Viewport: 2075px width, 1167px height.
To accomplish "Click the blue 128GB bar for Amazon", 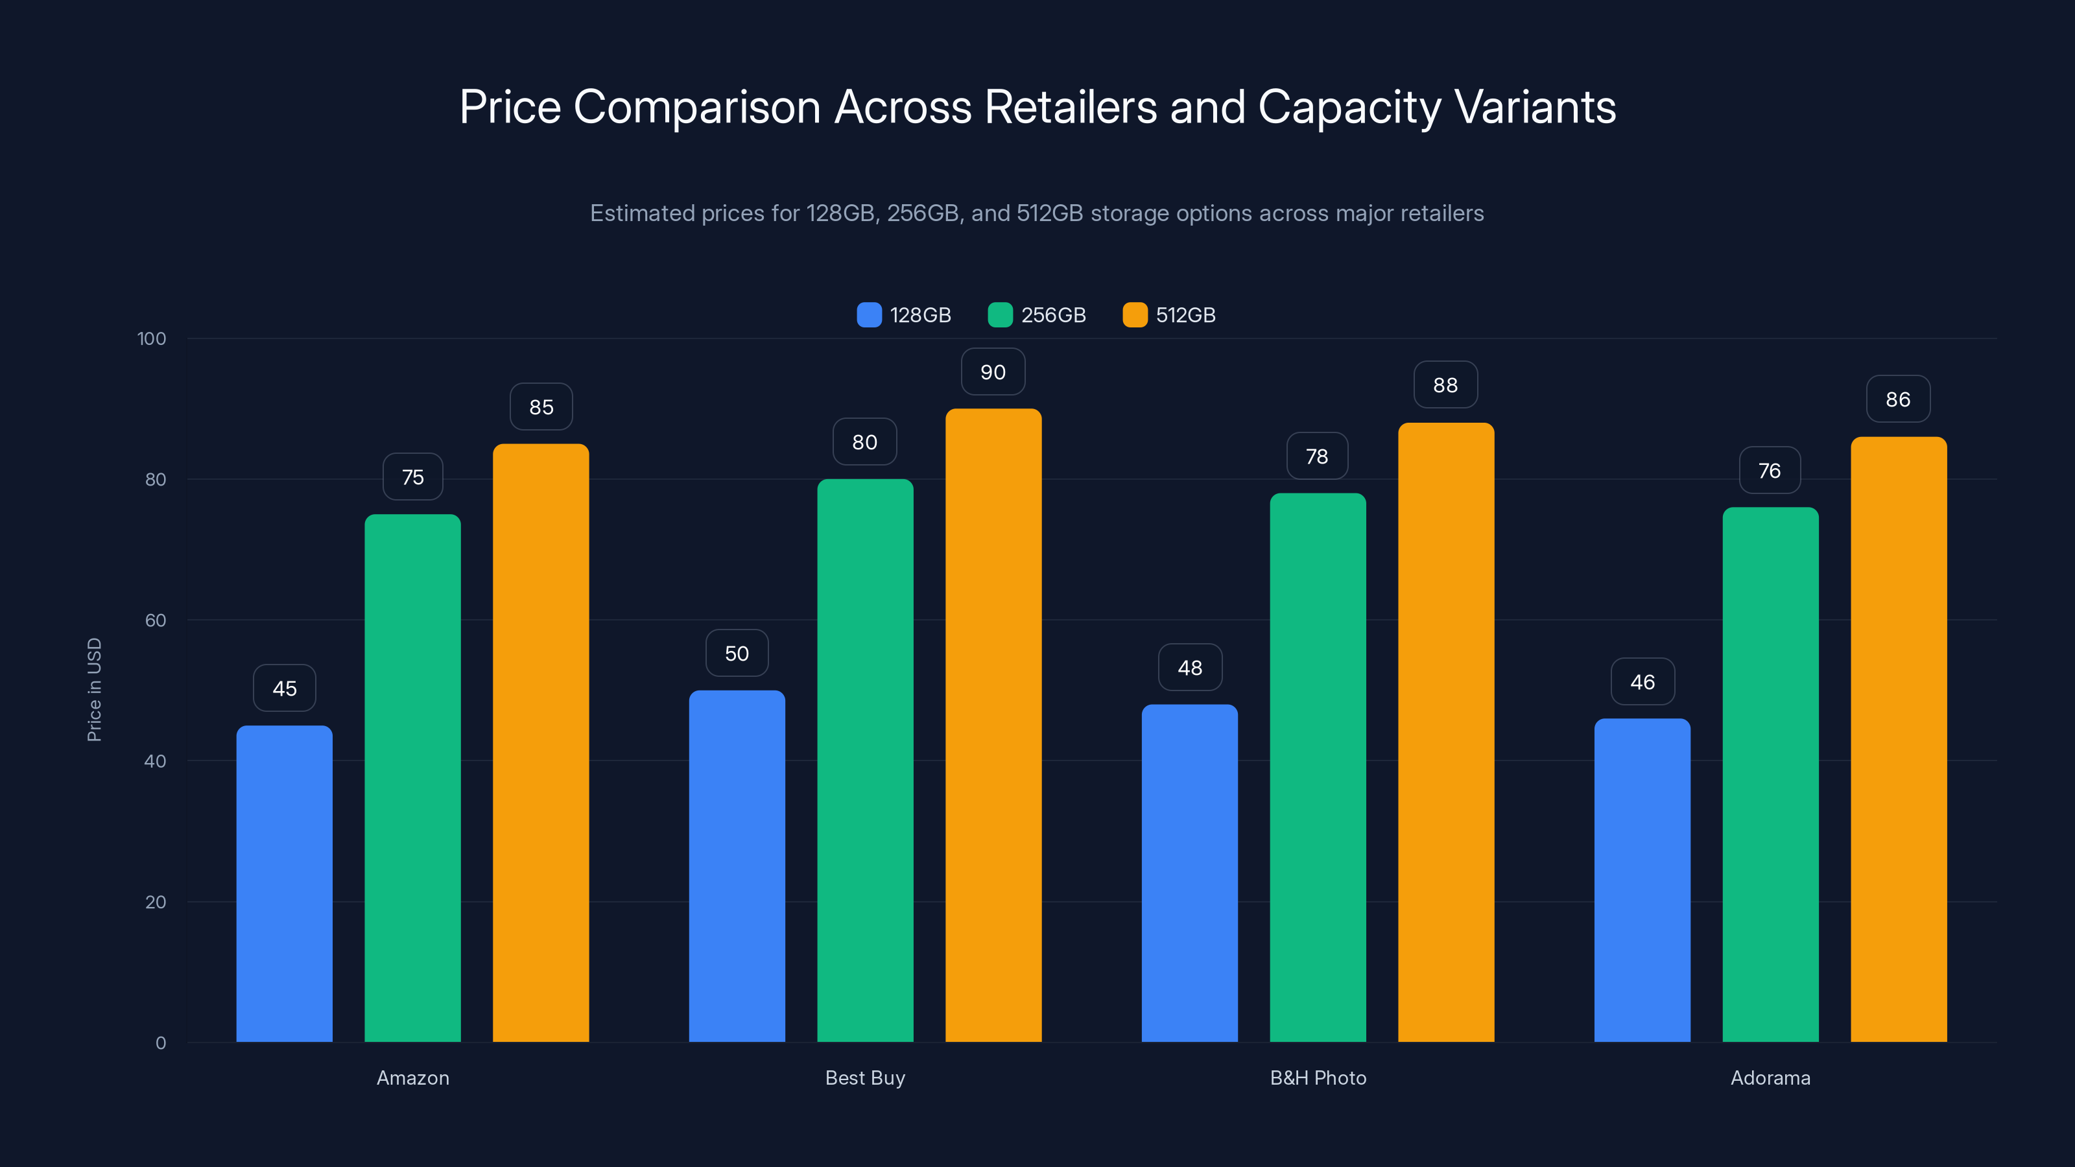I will (x=285, y=884).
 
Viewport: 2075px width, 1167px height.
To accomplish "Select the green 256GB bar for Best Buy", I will (x=865, y=760).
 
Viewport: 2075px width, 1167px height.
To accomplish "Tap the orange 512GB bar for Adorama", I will (x=1899, y=739).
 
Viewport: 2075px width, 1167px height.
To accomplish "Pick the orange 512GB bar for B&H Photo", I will (x=1446, y=732).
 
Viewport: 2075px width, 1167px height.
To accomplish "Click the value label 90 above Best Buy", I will (x=992, y=372).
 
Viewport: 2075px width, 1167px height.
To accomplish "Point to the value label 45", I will (x=285, y=689).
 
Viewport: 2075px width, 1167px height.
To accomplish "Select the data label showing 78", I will (x=1317, y=456).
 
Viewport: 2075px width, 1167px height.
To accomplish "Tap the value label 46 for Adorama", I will (x=1642, y=682).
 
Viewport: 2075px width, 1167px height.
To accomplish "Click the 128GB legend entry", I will (x=904, y=315).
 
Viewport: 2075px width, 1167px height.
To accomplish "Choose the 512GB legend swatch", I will (x=1135, y=315).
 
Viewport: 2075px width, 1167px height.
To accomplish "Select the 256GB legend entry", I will (x=1037, y=315).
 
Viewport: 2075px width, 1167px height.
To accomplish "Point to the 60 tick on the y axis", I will (x=156, y=620).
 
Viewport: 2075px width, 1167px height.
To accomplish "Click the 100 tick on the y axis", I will (x=152, y=338).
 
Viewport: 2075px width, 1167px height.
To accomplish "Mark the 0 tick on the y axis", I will (x=160, y=1043).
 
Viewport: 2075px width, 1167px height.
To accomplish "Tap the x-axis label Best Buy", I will (x=865, y=1078).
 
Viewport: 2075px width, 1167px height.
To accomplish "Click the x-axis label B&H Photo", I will (x=1318, y=1078).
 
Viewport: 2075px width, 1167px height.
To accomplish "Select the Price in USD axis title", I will (x=94, y=689).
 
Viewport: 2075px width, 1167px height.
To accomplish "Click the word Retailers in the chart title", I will (x=1071, y=107).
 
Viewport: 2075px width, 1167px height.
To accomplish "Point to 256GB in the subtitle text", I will (x=922, y=213).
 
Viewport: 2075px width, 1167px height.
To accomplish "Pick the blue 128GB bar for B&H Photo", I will (x=1190, y=873).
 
